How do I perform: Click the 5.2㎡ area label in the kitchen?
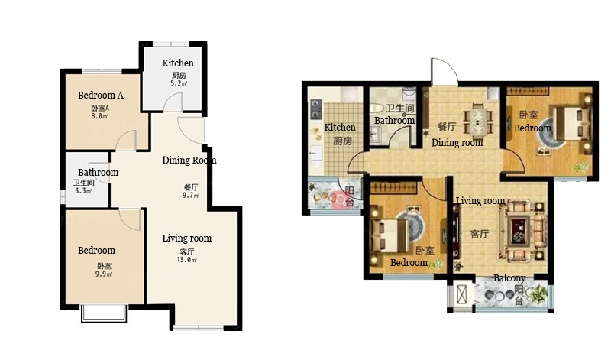click(179, 83)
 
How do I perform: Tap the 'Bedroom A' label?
click(101, 96)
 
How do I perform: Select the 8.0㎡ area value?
click(100, 116)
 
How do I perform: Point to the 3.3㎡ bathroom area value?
click(83, 191)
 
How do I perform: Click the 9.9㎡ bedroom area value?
click(104, 274)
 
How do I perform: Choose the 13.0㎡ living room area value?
click(186, 260)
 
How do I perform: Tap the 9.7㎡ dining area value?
click(191, 196)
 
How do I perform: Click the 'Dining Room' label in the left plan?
click(189, 160)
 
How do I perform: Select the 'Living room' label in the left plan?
click(187, 238)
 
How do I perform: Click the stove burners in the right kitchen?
click(315, 109)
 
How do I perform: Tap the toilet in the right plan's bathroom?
click(377, 108)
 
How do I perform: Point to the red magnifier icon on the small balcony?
click(340, 200)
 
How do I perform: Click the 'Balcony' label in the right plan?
click(509, 278)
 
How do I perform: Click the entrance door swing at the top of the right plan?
click(444, 70)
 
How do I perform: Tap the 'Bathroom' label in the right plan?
click(394, 121)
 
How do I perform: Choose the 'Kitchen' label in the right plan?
click(340, 127)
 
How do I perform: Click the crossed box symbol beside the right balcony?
click(462, 294)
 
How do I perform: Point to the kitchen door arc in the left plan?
click(171, 102)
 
